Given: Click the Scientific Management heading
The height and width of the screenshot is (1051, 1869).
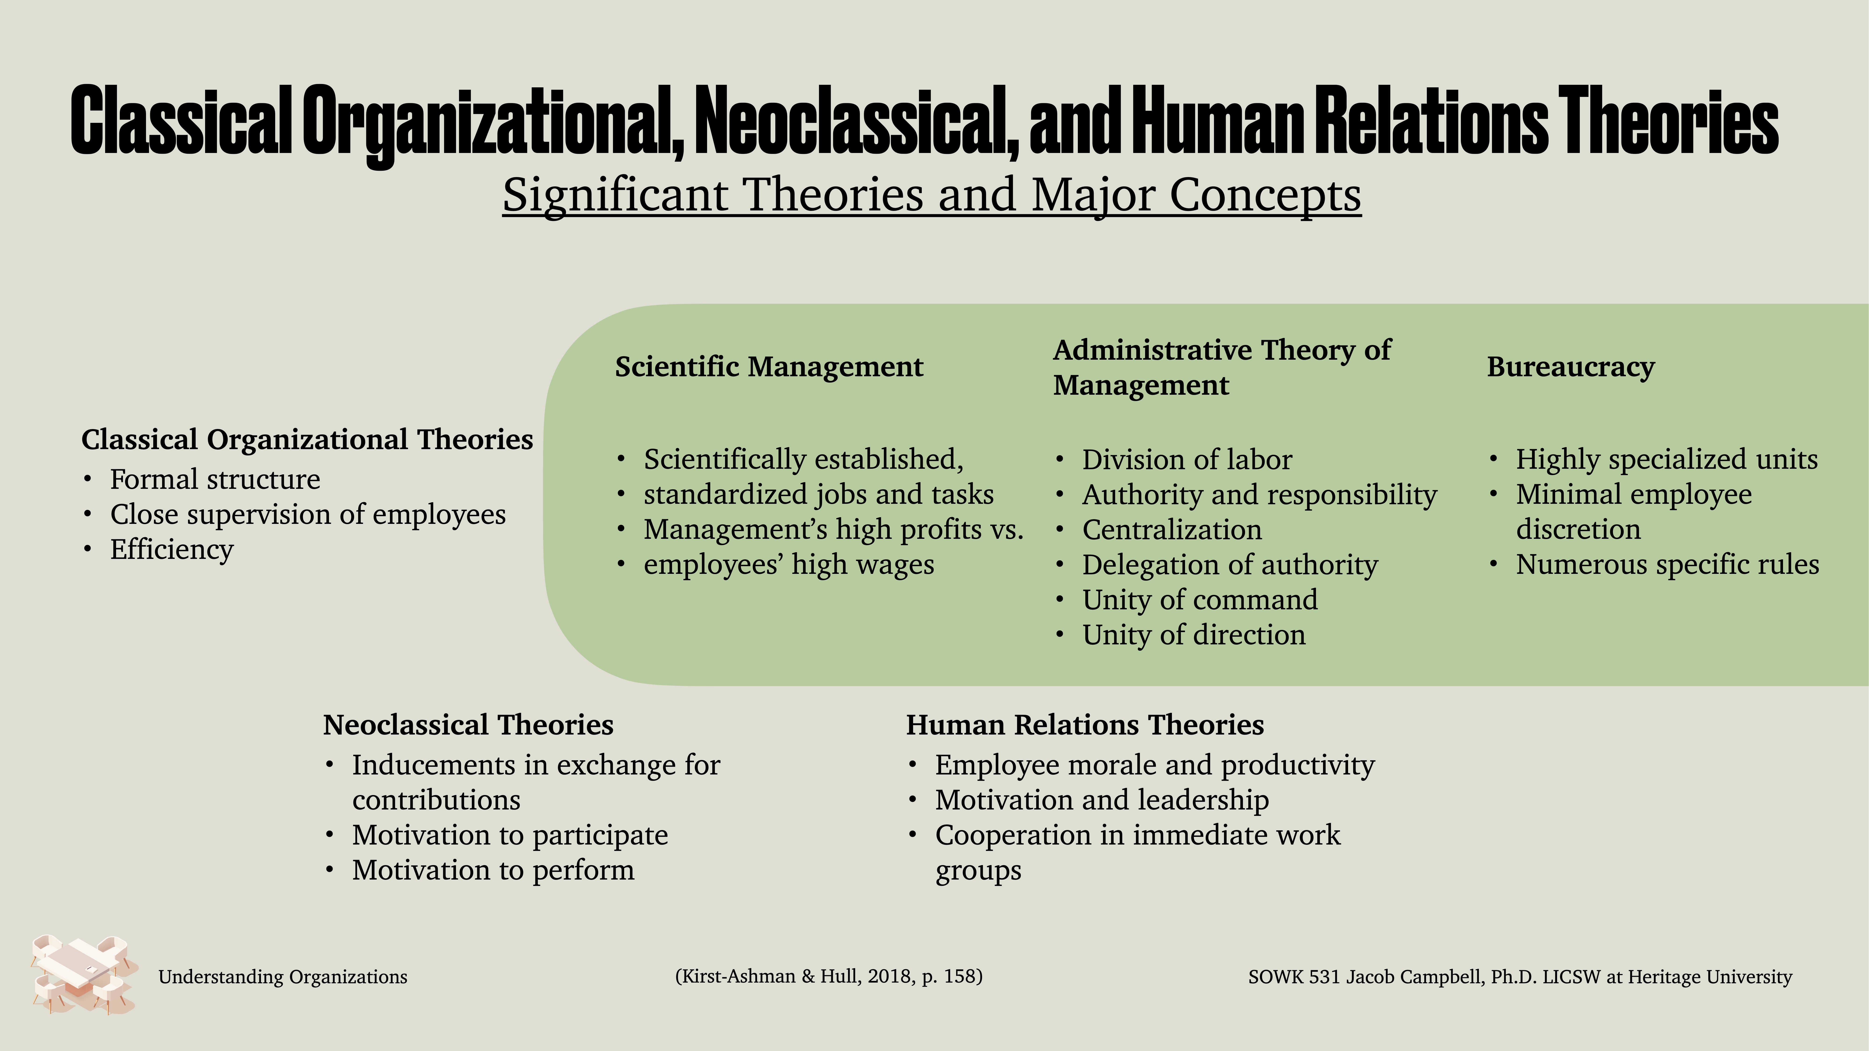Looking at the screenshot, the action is coord(769,367).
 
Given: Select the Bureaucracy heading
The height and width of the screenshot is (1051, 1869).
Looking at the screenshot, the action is coord(1571,367).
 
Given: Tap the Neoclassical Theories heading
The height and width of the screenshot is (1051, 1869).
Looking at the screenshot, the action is coord(468,724).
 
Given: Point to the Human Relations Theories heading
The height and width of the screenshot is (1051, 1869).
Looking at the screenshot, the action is coord(1085,724).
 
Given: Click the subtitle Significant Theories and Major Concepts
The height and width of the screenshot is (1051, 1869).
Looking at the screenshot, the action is coord(932,194).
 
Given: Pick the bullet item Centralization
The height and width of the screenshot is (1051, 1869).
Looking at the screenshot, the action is coord(1172,529).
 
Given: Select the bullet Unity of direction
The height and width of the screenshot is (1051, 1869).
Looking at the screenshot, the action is coord(1193,635).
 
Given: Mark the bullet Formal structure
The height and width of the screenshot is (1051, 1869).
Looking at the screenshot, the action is coord(215,479).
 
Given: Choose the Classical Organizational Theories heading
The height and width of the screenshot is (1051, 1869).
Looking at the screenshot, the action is coord(307,440).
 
